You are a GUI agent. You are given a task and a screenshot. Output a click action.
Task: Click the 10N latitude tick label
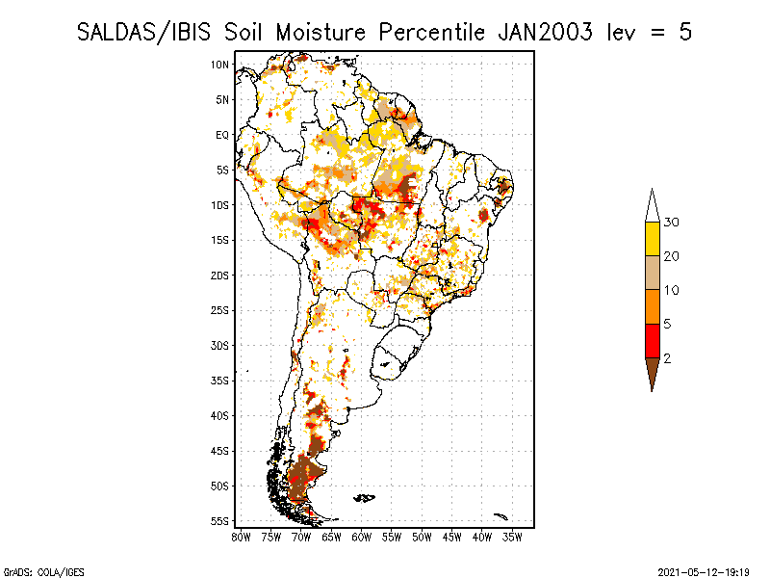(x=219, y=65)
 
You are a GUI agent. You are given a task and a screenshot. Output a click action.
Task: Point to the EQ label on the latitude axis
(x=222, y=135)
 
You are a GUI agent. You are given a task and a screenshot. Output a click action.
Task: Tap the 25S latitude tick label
(x=219, y=310)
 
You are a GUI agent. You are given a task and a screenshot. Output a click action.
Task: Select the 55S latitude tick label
(x=219, y=521)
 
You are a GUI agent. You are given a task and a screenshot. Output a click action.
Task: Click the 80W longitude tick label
(x=241, y=538)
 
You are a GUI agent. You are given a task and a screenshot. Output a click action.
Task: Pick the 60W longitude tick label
(x=362, y=538)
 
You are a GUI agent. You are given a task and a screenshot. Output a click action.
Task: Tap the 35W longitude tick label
(x=512, y=538)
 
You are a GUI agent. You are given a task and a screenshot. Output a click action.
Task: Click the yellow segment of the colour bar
(x=653, y=239)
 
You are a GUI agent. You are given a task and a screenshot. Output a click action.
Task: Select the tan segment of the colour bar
(x=653, y=273)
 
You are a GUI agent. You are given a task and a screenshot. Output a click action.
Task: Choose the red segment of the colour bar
(x=653, y=341)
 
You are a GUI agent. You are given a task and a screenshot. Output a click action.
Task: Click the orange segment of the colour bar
(x=653, y=306)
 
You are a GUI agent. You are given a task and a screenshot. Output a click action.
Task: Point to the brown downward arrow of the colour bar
(x=653, y=372)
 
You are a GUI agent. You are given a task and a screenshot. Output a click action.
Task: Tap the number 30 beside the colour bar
(x=671, y=223)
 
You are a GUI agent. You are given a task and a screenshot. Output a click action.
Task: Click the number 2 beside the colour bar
(x=667, y=358)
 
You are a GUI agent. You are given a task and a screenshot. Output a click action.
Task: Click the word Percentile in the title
(x=431, y=33)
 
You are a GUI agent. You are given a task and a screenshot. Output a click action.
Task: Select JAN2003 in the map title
(x=545, y=33)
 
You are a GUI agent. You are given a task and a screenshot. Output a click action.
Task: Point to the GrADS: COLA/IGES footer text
(x=43, y=572)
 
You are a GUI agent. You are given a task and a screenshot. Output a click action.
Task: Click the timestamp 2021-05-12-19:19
(x=704, y=572)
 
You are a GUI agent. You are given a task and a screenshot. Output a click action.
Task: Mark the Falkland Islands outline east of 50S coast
(x=365, y=498)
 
